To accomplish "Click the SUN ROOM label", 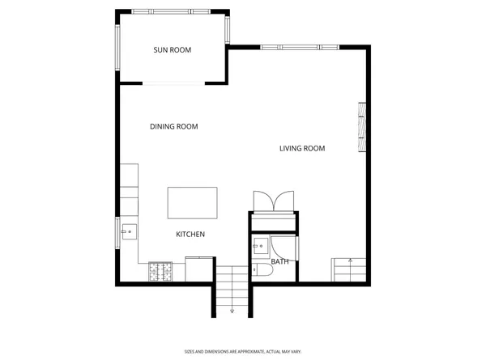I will click(x=173, y=50).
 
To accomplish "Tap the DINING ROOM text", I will click(x=174, y=126).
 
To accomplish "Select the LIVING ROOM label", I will click(x=302, y=148).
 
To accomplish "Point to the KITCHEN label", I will click(x=190, y=234).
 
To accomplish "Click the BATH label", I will click(x=279, y=261).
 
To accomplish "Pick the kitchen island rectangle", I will click(x=192, y=202).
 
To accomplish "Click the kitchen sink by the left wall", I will click(x=128, y=233).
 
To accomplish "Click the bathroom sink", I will click(x=261, y=245).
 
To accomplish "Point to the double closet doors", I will click(x=274, y=201).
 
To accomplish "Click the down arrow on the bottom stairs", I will click(x=232, y=310).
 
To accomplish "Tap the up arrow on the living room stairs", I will click(x=349, y=261).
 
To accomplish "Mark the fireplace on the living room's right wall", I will click(x=363, y=128).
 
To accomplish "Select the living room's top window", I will click(x=299, y=47).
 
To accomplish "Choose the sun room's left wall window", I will click(x=119, y=50).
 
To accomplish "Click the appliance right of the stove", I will click(x=198, y=269).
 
